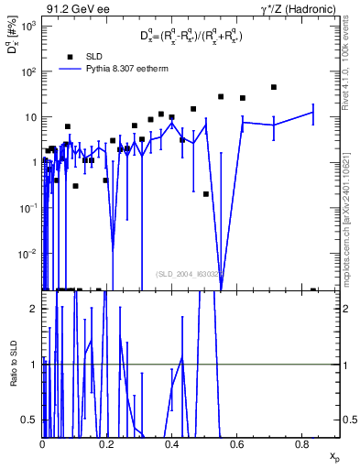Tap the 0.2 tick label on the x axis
click(107, 445)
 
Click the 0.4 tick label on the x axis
click(172, 445)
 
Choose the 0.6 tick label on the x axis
click(237, 445)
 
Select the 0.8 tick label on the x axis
click(302, 445)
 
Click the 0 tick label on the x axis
click(43, 445)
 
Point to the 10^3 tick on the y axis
click(28, 26)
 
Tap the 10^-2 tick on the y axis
click(28, 254)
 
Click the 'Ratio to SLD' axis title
click(13, 365)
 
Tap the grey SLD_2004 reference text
click(188, 273)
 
